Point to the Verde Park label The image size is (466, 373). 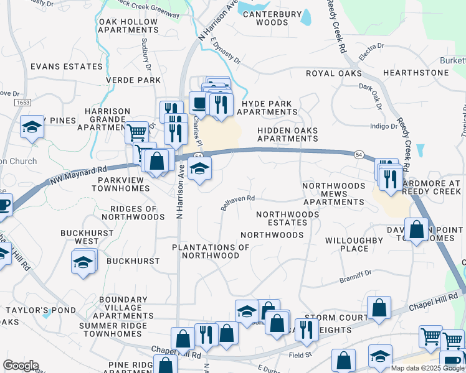coord(133,80)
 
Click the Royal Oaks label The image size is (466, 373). coord(333,73)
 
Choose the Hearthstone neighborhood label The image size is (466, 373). coord(416,73)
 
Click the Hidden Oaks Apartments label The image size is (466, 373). coord(288,134)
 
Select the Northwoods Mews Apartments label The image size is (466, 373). coord(333,194)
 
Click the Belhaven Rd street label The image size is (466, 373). coord(238,203)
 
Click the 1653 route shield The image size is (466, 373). coord(23,102)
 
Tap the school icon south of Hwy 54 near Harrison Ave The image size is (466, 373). coord(199,168)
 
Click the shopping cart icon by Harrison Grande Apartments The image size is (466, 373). coord(136,131)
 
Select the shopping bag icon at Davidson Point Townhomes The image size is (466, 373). coord(416,230)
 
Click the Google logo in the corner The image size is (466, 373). coord(21,366)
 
